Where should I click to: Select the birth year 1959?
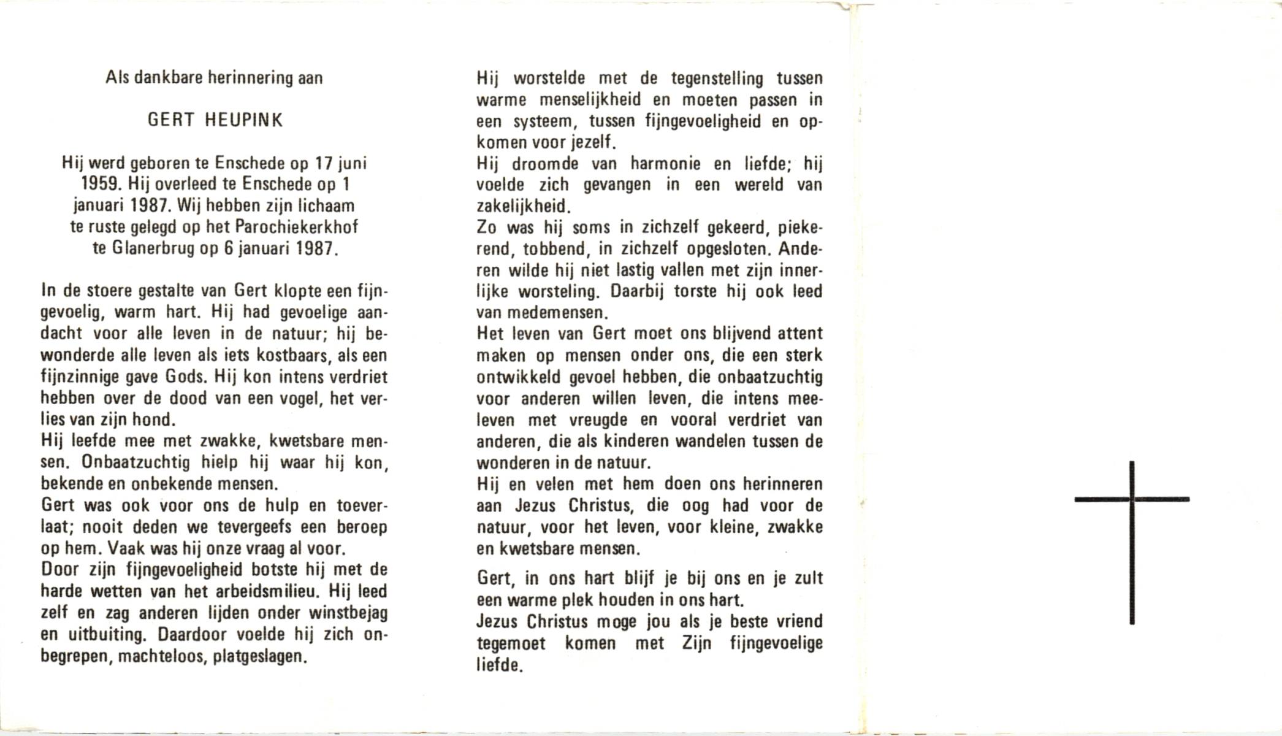[x=101, y=185]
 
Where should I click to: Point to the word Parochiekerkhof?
[x=296, y=228]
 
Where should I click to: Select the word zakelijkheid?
[x=523, y=207]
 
